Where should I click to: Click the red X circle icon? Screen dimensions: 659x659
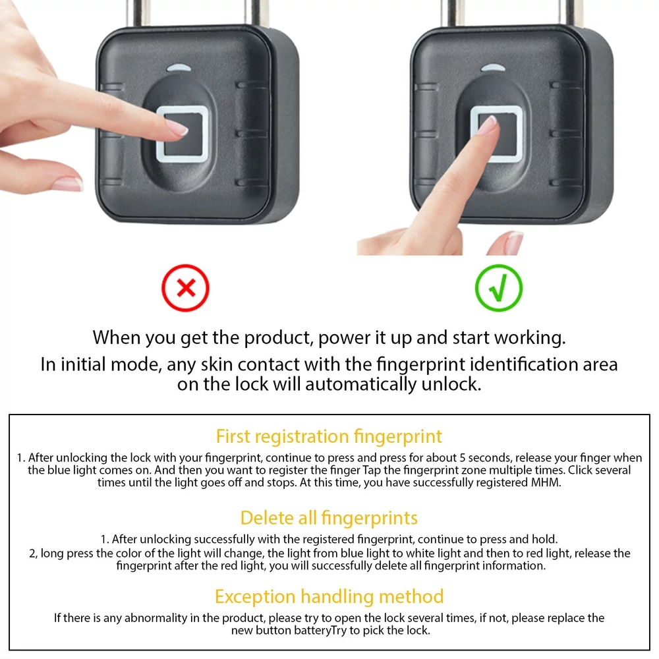coord(185,288)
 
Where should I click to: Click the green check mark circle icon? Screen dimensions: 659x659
coord(499,288)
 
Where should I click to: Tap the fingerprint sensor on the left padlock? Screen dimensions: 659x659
coord(183,134)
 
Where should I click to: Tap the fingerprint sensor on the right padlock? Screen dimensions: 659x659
coord(496,134)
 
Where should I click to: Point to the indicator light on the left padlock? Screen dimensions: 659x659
coord(179,68)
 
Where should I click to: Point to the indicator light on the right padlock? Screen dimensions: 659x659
coord(493,68)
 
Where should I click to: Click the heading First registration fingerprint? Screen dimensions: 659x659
coord(329,436)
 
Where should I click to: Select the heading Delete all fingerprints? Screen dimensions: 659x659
coord(329,518)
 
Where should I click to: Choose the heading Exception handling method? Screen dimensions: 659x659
coord(329,596)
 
